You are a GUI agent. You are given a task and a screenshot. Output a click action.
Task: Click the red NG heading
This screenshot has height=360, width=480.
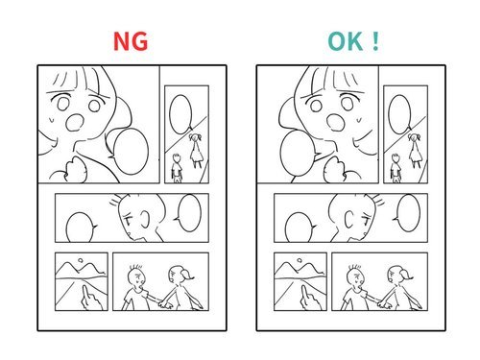click(131, 41)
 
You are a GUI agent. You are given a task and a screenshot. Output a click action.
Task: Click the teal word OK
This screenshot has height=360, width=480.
click(345, 41)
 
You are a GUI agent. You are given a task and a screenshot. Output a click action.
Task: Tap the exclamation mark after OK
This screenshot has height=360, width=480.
click(375, 41)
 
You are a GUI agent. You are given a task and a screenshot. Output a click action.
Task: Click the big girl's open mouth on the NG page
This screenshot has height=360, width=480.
click(75, 122)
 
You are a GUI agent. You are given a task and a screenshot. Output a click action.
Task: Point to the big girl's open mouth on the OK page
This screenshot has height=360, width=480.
click(336, 122)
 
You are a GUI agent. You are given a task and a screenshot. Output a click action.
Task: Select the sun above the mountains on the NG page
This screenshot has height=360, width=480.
click(81, 260)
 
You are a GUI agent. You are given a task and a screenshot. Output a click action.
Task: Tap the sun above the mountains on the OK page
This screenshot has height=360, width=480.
click(300, 260)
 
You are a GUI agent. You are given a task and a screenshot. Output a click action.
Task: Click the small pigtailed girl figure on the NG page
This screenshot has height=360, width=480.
click(196, 151)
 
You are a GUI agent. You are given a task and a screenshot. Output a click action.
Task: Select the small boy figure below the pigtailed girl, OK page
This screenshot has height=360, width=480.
click(396, 168)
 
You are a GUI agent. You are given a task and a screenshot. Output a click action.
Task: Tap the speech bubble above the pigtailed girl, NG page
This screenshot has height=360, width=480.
click(181, 114)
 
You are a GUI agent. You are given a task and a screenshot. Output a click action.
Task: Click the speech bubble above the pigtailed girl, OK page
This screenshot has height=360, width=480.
click(400, 114)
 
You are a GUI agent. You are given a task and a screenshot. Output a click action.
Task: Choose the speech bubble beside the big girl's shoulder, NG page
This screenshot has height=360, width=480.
click(131, 152)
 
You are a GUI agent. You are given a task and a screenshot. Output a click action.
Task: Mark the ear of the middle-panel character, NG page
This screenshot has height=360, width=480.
click(145, 219)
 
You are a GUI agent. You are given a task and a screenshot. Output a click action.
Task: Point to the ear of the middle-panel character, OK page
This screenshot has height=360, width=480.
click(348, 219)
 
